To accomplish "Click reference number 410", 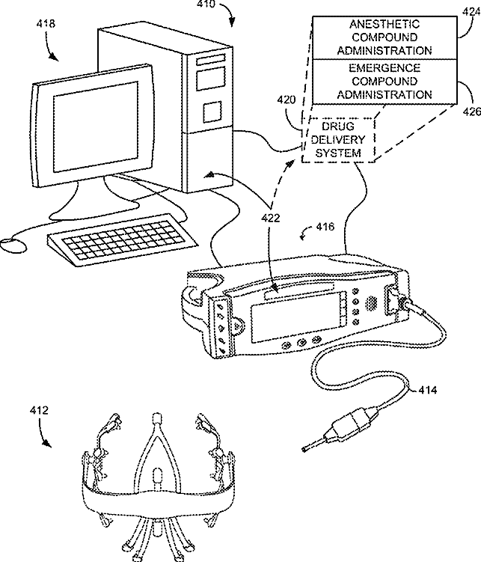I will click(204, 4).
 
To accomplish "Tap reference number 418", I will click(46, 25).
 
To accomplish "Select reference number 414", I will click(429, 390).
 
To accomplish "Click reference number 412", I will click(39, 410).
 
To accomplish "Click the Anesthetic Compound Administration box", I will click(384, 37).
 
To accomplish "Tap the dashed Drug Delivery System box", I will click(338, 140).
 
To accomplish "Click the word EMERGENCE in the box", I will click(384, 67).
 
